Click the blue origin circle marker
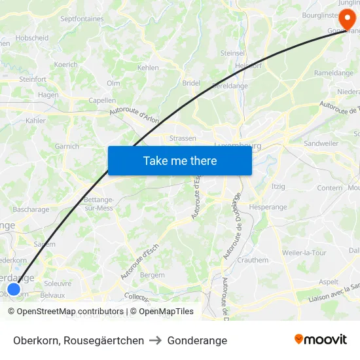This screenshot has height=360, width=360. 13,289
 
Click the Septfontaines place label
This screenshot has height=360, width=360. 82,19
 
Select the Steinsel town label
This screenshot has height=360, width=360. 232,53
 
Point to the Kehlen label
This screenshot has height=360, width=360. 148,67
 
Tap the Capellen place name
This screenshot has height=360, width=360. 102,101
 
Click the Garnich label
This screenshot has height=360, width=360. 67,147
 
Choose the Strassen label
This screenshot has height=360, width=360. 183,139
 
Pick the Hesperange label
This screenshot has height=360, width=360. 268,207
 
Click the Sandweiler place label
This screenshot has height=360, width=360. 321,143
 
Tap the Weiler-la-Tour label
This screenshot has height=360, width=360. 304,253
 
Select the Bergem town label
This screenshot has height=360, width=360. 153,275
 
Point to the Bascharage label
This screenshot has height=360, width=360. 31,210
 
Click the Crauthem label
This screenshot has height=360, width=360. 252,260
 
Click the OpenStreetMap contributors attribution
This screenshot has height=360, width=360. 65,312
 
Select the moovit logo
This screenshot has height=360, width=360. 320,340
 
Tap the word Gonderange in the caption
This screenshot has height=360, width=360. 197,340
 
